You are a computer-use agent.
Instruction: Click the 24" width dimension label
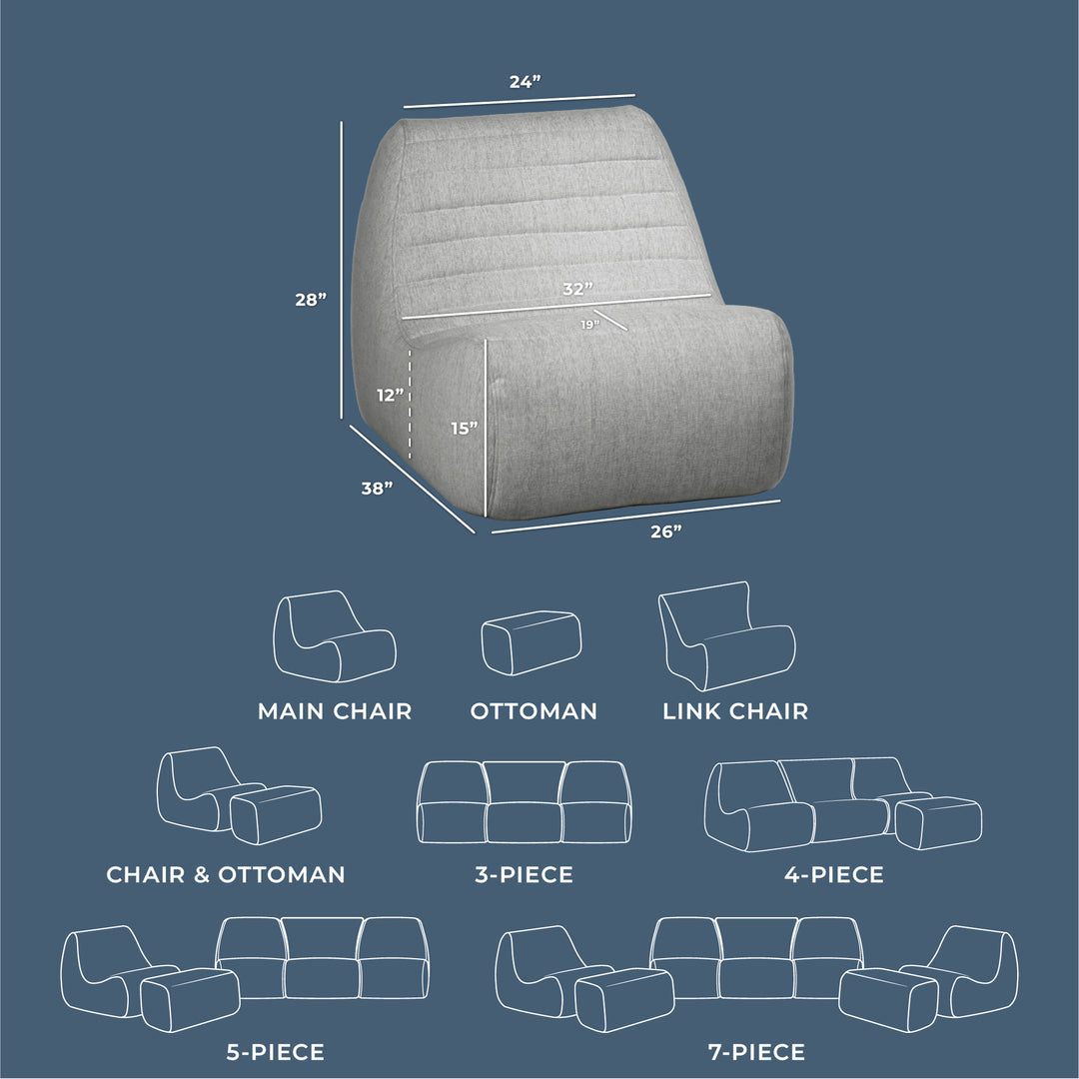coord(525,82)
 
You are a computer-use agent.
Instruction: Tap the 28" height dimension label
coord(311,299)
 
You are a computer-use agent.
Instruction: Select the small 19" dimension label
coord(588,325)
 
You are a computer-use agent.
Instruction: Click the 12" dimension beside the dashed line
coord(391,395)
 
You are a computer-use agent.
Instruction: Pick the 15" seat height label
coord(464,429)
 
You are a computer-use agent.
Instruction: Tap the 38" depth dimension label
coord(377,489)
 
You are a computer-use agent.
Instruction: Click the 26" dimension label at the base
coord(665,532)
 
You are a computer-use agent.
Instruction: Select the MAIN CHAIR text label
coord(335,711)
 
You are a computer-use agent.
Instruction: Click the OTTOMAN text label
coord(534,711)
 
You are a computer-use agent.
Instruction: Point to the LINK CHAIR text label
coord(735,711)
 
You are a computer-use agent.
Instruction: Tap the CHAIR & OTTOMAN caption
coord(226,875)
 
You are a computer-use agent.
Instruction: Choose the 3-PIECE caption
coord(524,875)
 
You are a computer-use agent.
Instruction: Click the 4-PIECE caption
coord(834,875)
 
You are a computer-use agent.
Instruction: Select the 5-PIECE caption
coord(275,1052)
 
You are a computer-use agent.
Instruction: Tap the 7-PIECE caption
coord(755,1052)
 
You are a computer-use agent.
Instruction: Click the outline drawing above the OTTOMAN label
coord(531,642)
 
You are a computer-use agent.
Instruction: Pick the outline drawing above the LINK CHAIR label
coord(726,636)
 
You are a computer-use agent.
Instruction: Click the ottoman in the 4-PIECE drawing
coord(938,822)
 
